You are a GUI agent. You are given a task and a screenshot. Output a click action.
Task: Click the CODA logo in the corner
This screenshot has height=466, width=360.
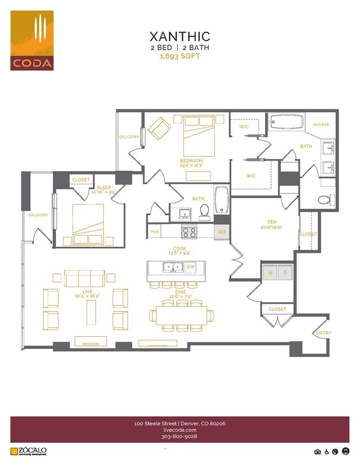pyautogui.click(x=32, y=40)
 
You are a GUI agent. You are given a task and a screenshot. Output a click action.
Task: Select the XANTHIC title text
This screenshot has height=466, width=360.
pyautogui.click(x=179, y=36)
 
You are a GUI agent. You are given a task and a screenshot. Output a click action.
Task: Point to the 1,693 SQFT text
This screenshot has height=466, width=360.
pyautogui.click(x=179, y=56)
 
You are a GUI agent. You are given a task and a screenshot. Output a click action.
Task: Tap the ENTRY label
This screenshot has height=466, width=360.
pyautogui.click(x=323, y=333)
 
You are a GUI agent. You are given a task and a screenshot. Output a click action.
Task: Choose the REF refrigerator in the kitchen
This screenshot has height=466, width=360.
pyautogui.click(x=222, y=232)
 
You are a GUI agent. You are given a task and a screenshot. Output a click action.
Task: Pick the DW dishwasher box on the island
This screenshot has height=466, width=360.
pyautogui.click(x=190, y=267)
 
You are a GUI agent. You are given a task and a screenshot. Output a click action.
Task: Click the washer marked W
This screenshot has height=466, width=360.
pyautogui.click(x=271, y=273)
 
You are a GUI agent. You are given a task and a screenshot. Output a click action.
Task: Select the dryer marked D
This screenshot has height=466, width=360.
pyautogui.click(x=285, y=273)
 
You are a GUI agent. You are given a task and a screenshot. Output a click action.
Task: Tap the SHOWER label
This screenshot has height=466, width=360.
pyautogui.click(x=321, y=125)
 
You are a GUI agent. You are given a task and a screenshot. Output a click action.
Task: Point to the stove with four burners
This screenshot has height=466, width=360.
pyautogui.click(x=189, y=232)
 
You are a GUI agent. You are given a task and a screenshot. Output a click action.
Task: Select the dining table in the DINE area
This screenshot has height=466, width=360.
pyautogui.click(x=182, y=315)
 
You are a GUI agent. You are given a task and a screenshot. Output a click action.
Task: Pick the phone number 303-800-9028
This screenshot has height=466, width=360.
pyautogui.click(x=179, y=436)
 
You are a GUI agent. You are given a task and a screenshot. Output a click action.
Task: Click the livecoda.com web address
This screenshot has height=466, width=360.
pyautogui.click(x=179, y=430)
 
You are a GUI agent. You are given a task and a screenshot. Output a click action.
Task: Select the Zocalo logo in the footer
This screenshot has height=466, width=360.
pyautogui.click(x=29, y=451)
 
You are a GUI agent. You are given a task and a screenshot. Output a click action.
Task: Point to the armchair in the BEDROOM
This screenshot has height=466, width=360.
pyautogui.click(x=160, y=128)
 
